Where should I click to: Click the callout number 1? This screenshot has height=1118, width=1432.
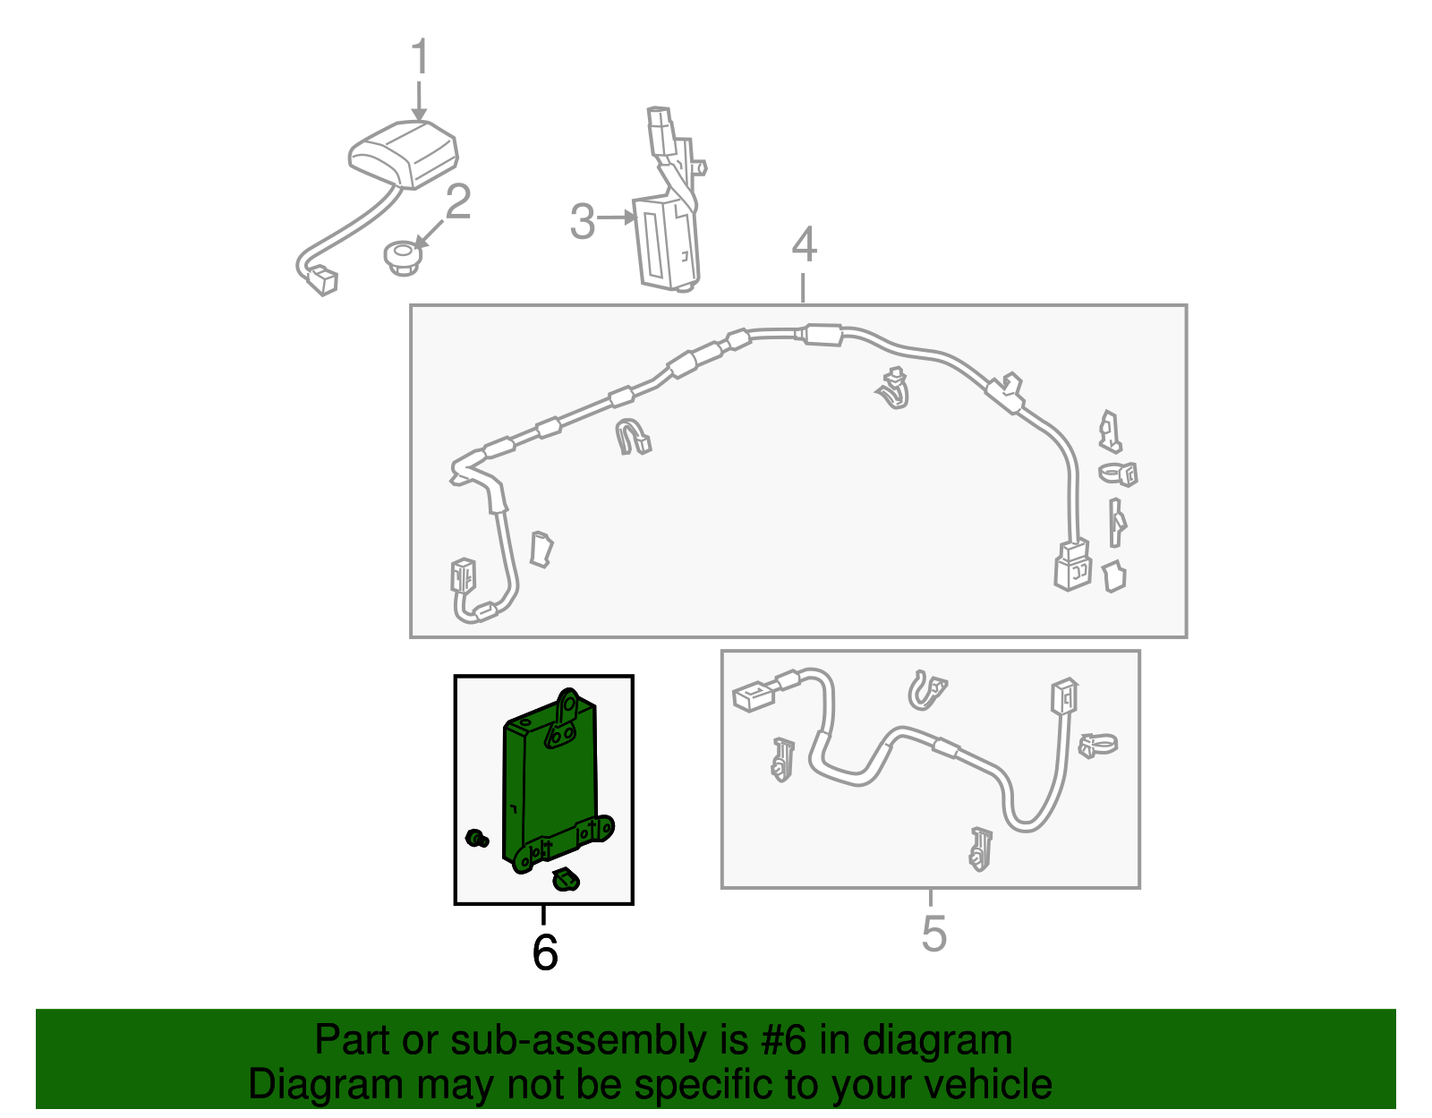(420, 58)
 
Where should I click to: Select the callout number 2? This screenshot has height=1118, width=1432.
(457, 202)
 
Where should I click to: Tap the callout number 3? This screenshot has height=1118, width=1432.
(583, 221)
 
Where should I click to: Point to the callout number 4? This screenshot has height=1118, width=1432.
(804, 244)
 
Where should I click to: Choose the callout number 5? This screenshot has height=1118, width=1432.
(933, 934)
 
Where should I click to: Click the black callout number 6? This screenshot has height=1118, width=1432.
(544, 952)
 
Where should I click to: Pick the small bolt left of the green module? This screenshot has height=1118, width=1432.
(477, 839)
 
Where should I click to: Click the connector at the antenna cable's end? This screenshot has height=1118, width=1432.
(321, 281)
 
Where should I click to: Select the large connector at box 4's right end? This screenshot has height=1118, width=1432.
(1072, 565)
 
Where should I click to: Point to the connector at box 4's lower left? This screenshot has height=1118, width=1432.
(463, 575)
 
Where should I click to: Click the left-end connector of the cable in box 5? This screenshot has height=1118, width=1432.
(753, 696)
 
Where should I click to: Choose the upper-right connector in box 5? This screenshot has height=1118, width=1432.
(1064, 696)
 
